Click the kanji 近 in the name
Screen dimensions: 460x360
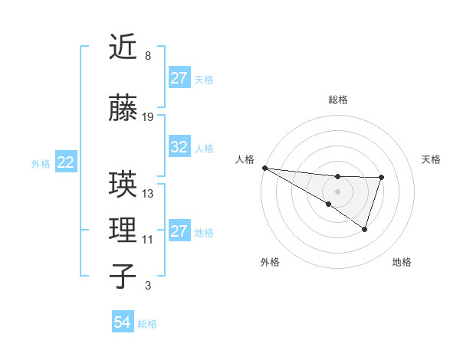click(x=123, y=47)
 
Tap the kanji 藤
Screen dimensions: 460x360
click(x=123, y=109)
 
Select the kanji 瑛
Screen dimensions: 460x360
click(x=123, y=185)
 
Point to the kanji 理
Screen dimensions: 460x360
click(x=123, y=230)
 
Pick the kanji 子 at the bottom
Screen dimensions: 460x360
click(x=123, y=277)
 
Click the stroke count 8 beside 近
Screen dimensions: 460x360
click(x=147, y=56)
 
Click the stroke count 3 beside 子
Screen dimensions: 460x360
click(x=147, y=286)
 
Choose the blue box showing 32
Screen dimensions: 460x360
click(x=179, y=148)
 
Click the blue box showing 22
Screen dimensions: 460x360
click(x=65, y=162)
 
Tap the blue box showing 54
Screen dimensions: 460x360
click(x=122, y=322)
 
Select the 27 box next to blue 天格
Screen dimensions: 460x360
click(x=179, y=78)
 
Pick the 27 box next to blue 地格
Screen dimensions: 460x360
click(x=179, y=231)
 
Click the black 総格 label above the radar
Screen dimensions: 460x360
click(x=337, y=100)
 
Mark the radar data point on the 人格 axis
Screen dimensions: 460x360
click(x=264, y=167)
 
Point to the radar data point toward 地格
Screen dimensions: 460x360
click(x=365, y=229)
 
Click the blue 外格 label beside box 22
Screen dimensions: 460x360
click(x=41, y=163)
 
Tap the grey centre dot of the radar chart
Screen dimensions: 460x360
click(x=337, y=191)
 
